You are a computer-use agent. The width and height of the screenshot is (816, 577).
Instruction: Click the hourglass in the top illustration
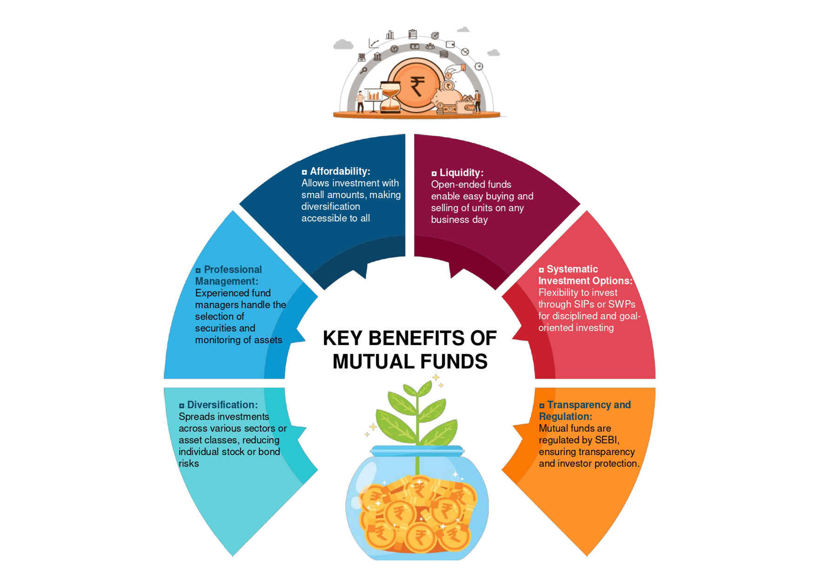[390, 97]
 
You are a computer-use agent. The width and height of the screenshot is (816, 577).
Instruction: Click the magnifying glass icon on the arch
[364, 70]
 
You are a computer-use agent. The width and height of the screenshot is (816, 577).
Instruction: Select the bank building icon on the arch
[377, 57]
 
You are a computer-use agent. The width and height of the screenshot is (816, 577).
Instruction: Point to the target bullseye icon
[435, 36]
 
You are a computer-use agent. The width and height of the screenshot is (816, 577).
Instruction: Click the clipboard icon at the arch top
[412, 34]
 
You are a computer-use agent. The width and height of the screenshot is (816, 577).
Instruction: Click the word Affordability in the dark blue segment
[340, 171]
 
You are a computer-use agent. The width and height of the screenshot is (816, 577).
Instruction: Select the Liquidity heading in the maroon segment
[461, 172]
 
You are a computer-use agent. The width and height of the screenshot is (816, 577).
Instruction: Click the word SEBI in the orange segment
[606, 440]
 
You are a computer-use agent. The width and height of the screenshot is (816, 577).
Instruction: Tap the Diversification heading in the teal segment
[222, 405]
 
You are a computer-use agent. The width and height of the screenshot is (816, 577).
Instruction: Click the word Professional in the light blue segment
[233, 270]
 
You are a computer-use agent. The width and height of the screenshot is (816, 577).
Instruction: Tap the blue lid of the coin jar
[417, 450]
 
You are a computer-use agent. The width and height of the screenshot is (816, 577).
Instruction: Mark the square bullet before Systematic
[541, 270]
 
